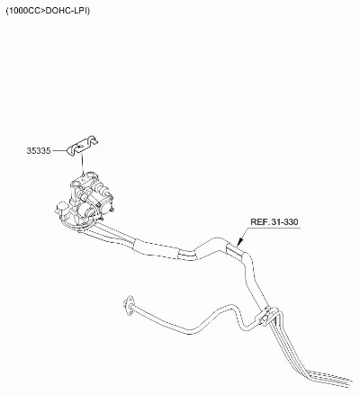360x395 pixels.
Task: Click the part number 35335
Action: tap(39, 150)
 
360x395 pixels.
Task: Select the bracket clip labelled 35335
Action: tap(83, 145)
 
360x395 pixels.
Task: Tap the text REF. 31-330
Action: tap(274, 222)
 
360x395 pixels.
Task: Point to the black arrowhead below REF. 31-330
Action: tap(240, 242)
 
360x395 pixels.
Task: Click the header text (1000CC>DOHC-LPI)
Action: tap(48, 11)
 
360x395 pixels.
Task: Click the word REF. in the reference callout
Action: tap(260, 222)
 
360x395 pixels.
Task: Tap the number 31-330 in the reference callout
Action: tap(285, 222)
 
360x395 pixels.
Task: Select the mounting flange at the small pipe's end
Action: tap(129, 305)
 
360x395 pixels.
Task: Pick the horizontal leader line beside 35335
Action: tap(59, 150)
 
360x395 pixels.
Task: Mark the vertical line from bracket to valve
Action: tap(83, 164)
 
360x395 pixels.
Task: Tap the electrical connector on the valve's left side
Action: tap(61, 209)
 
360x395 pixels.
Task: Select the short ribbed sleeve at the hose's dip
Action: tap(186, 255)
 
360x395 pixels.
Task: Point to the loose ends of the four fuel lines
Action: tap(336, 379)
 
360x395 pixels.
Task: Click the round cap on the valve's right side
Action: tap(103, 190)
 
